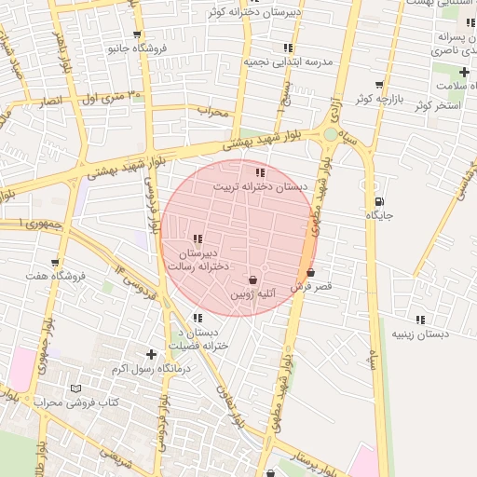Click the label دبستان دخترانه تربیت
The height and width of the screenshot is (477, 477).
point(260,186)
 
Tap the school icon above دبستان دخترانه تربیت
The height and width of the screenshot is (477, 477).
point(259,172)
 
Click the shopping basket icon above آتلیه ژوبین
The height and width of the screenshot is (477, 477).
point(253,279)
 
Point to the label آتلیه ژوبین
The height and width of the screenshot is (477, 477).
point(253,294)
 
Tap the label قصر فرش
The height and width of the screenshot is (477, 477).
point(311,287)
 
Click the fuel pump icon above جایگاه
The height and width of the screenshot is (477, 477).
point(379,201)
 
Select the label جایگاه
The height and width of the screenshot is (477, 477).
point(379,215)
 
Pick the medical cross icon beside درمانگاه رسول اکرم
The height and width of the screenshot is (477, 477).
point(151,354)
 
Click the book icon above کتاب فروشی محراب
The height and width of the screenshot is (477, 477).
point(76,388)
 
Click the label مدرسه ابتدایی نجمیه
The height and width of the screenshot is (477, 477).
point(288,61)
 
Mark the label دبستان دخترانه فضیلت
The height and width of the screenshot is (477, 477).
point(198,339)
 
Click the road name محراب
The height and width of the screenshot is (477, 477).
point(212,111)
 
